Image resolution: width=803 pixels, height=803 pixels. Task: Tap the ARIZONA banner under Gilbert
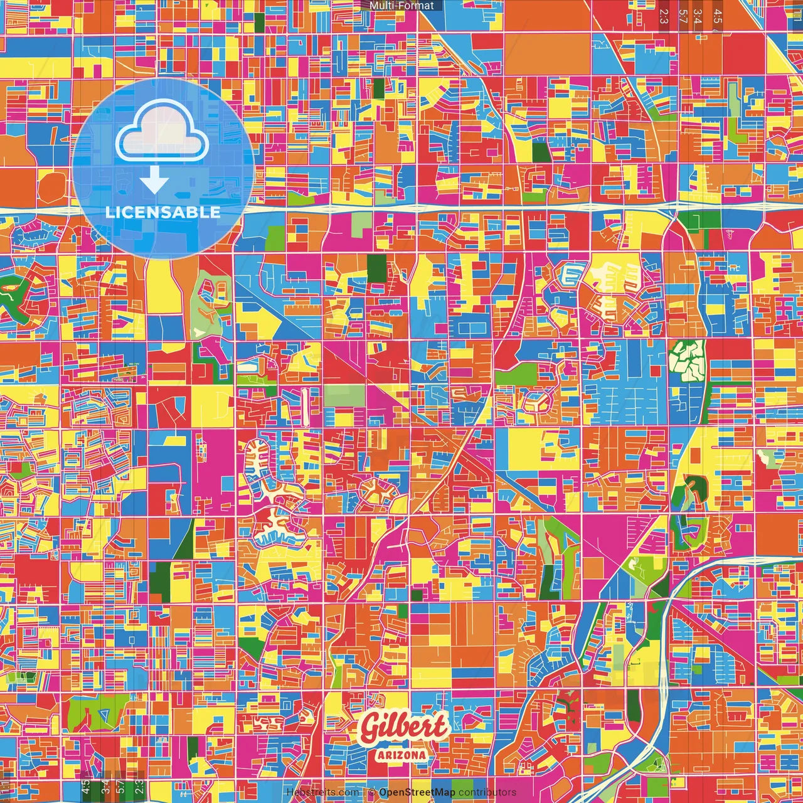tap(402, 755)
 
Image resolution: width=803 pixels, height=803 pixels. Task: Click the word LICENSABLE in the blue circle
tap(163, 212)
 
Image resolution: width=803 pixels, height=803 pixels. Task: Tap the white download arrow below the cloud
tap(154, 181)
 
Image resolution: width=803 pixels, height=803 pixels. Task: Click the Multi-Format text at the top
tap(401, 6)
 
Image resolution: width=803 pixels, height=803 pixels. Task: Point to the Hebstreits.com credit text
tap(322, 792)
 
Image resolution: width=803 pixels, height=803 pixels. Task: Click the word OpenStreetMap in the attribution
tap(417, 792)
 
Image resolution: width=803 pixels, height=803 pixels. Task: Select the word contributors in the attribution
tap(487, 792)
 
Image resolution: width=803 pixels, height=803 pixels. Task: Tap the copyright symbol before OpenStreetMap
tap(371, 792)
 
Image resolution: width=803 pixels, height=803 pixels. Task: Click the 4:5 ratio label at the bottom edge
tap(86, 785)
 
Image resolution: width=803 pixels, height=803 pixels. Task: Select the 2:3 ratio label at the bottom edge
tap(139, 785)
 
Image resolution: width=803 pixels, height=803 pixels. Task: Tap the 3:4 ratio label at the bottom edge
tap(105, 785)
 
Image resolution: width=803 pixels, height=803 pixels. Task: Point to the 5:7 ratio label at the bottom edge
tap(120, 785)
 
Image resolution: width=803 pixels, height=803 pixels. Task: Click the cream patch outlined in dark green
tap(688, 360)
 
